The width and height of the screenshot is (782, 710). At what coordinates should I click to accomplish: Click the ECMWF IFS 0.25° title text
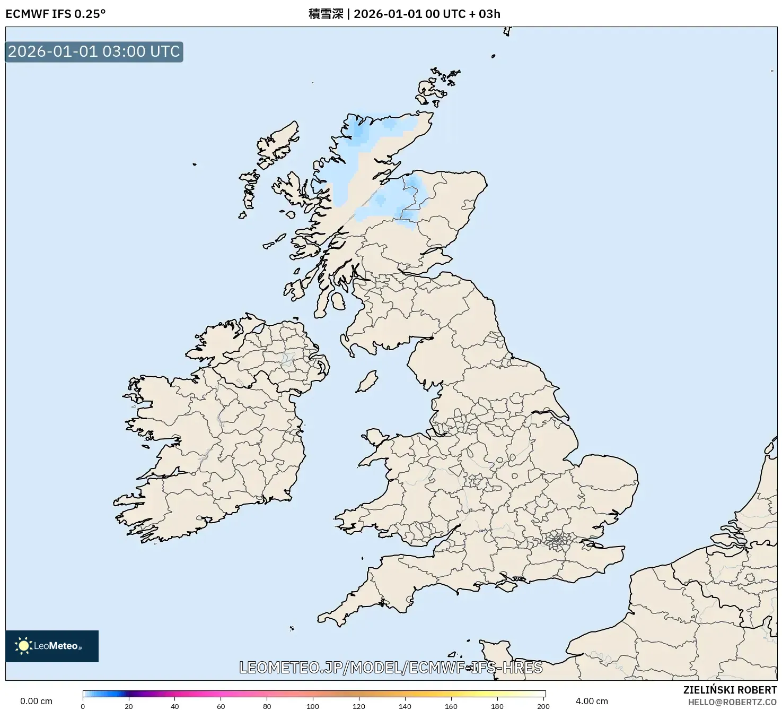55,14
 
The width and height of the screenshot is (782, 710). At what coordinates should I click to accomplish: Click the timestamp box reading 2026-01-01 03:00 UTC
94,51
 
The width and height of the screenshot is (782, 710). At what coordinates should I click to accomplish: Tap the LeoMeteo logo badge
52,646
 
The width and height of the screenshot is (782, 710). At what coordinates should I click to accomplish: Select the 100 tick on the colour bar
313,706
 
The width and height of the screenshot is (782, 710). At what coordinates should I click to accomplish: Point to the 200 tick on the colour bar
543,706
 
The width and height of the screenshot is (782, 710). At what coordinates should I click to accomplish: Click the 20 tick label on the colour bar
129,706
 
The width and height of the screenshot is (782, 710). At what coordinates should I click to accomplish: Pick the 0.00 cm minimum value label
36,701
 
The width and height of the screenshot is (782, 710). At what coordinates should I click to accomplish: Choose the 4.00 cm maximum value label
592,701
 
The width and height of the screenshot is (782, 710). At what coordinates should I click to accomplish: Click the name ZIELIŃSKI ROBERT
730,690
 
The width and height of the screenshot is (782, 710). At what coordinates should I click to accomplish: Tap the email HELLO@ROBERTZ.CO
732,702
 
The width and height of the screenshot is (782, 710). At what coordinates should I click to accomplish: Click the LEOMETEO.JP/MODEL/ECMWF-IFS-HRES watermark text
391,667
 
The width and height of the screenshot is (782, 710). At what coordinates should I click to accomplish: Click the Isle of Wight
508,585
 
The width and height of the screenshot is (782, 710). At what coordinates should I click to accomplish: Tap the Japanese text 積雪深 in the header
326,14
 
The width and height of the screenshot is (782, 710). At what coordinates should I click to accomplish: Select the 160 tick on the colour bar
451,706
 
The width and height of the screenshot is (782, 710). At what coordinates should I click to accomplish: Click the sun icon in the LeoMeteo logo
23,646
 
